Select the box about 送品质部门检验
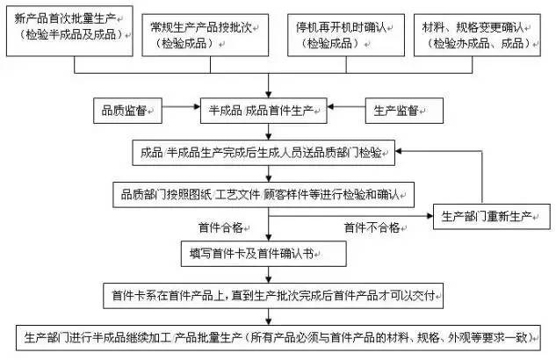261,152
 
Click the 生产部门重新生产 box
483,215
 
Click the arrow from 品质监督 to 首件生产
181,112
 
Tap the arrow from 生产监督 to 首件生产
348,112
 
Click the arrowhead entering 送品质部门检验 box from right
404,152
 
